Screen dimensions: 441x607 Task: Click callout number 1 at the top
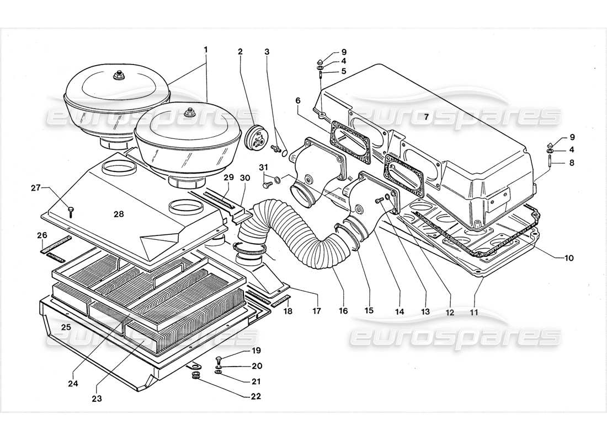pyautogui.click(x=205, y=49)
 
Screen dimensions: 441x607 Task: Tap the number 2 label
pyautogui.click(x=240, y=52)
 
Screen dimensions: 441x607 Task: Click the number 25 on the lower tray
pyautogui.click(x=66, y=327)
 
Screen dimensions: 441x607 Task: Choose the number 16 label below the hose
pyautogui.click(x=343, y=311)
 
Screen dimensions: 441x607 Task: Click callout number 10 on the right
pyautogui.click(x=568, y=257)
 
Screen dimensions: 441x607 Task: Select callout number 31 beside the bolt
pyautogui.click(x=263, y=168)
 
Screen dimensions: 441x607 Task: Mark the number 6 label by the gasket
pyautogui.click(x=297, y=100)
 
